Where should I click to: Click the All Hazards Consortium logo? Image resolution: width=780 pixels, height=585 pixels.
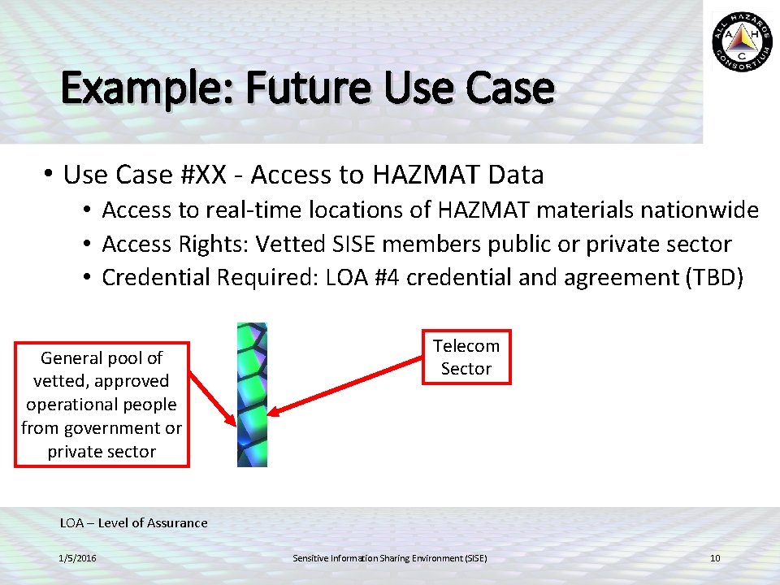[x=743, y=42]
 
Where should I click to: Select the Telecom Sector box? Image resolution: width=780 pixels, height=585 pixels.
[x=466, y=357]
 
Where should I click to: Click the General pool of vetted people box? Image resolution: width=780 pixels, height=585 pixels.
[x=102, y=404]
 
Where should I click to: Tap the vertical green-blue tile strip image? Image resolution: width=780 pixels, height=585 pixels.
[x=252, y=394]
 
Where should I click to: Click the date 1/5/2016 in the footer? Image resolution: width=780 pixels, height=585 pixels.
[x=77, y=558]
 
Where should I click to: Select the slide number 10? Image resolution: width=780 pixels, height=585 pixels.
[x=715, y=558]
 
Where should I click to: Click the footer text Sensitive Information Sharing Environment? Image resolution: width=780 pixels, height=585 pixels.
[x=389, y=558]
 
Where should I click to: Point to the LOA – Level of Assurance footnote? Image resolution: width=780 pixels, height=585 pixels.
[x=134, y=522]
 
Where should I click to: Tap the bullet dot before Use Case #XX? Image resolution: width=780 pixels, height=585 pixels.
[x=49, y=175]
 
